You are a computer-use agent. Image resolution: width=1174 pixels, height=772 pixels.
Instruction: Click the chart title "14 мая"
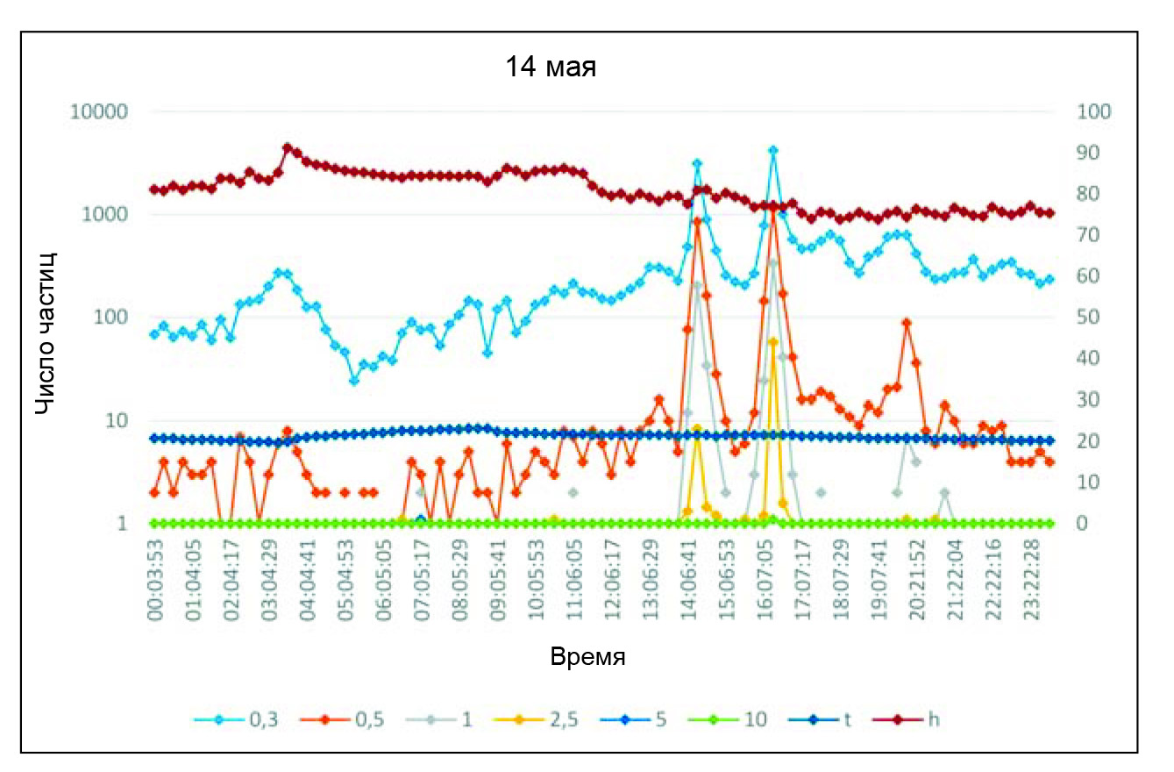[x=551, y=68]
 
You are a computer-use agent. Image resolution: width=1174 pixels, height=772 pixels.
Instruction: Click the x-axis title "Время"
[x=587, y=657]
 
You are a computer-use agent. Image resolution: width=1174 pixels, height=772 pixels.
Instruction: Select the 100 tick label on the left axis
[x=113, y=318]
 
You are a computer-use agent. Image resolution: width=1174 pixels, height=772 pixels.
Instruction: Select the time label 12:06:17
[x=614, y=582]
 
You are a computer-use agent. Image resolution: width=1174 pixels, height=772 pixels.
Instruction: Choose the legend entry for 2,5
[x=541, y=719]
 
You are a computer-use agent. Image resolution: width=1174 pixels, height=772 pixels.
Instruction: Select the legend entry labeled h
[x=934, y=719]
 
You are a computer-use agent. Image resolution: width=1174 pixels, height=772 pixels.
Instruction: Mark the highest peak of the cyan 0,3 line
[x=772, y=151]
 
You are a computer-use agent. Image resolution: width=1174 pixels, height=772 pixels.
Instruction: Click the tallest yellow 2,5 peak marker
[x=772, y=342]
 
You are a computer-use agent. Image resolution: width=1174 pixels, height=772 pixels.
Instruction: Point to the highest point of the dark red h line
[x=288, y=148]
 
